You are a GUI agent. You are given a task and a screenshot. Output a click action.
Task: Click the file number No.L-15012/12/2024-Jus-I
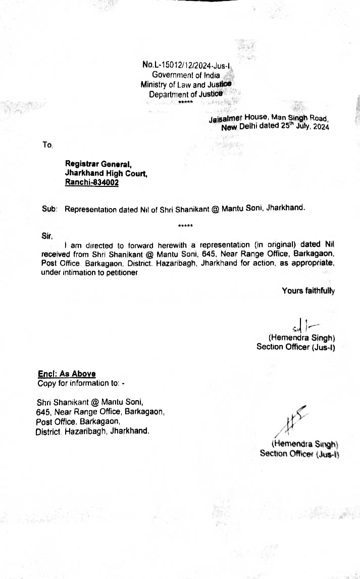click(186, 64)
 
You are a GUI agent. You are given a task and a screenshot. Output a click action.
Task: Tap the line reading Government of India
click(186, 75)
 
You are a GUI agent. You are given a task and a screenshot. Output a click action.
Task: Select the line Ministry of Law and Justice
click(186, 84)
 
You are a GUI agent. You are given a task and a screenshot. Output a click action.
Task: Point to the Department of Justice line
click(185, 94)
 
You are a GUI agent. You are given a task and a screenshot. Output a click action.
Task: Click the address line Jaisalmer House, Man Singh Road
click(269, 118)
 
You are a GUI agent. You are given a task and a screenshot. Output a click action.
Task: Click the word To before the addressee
click(47, 145)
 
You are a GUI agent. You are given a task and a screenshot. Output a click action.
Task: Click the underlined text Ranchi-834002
click(92, 182)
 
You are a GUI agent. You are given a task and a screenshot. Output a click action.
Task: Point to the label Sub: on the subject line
click(49, 209)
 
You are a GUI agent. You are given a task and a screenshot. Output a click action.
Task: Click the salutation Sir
click(47, 235)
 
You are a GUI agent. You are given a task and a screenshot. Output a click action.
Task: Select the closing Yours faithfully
click(308, 291)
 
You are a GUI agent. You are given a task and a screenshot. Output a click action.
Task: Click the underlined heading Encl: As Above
click(67, 374)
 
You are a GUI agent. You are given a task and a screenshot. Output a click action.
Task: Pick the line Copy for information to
click(81, 383)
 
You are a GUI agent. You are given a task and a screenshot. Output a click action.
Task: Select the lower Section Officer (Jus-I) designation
click(299, 453)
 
